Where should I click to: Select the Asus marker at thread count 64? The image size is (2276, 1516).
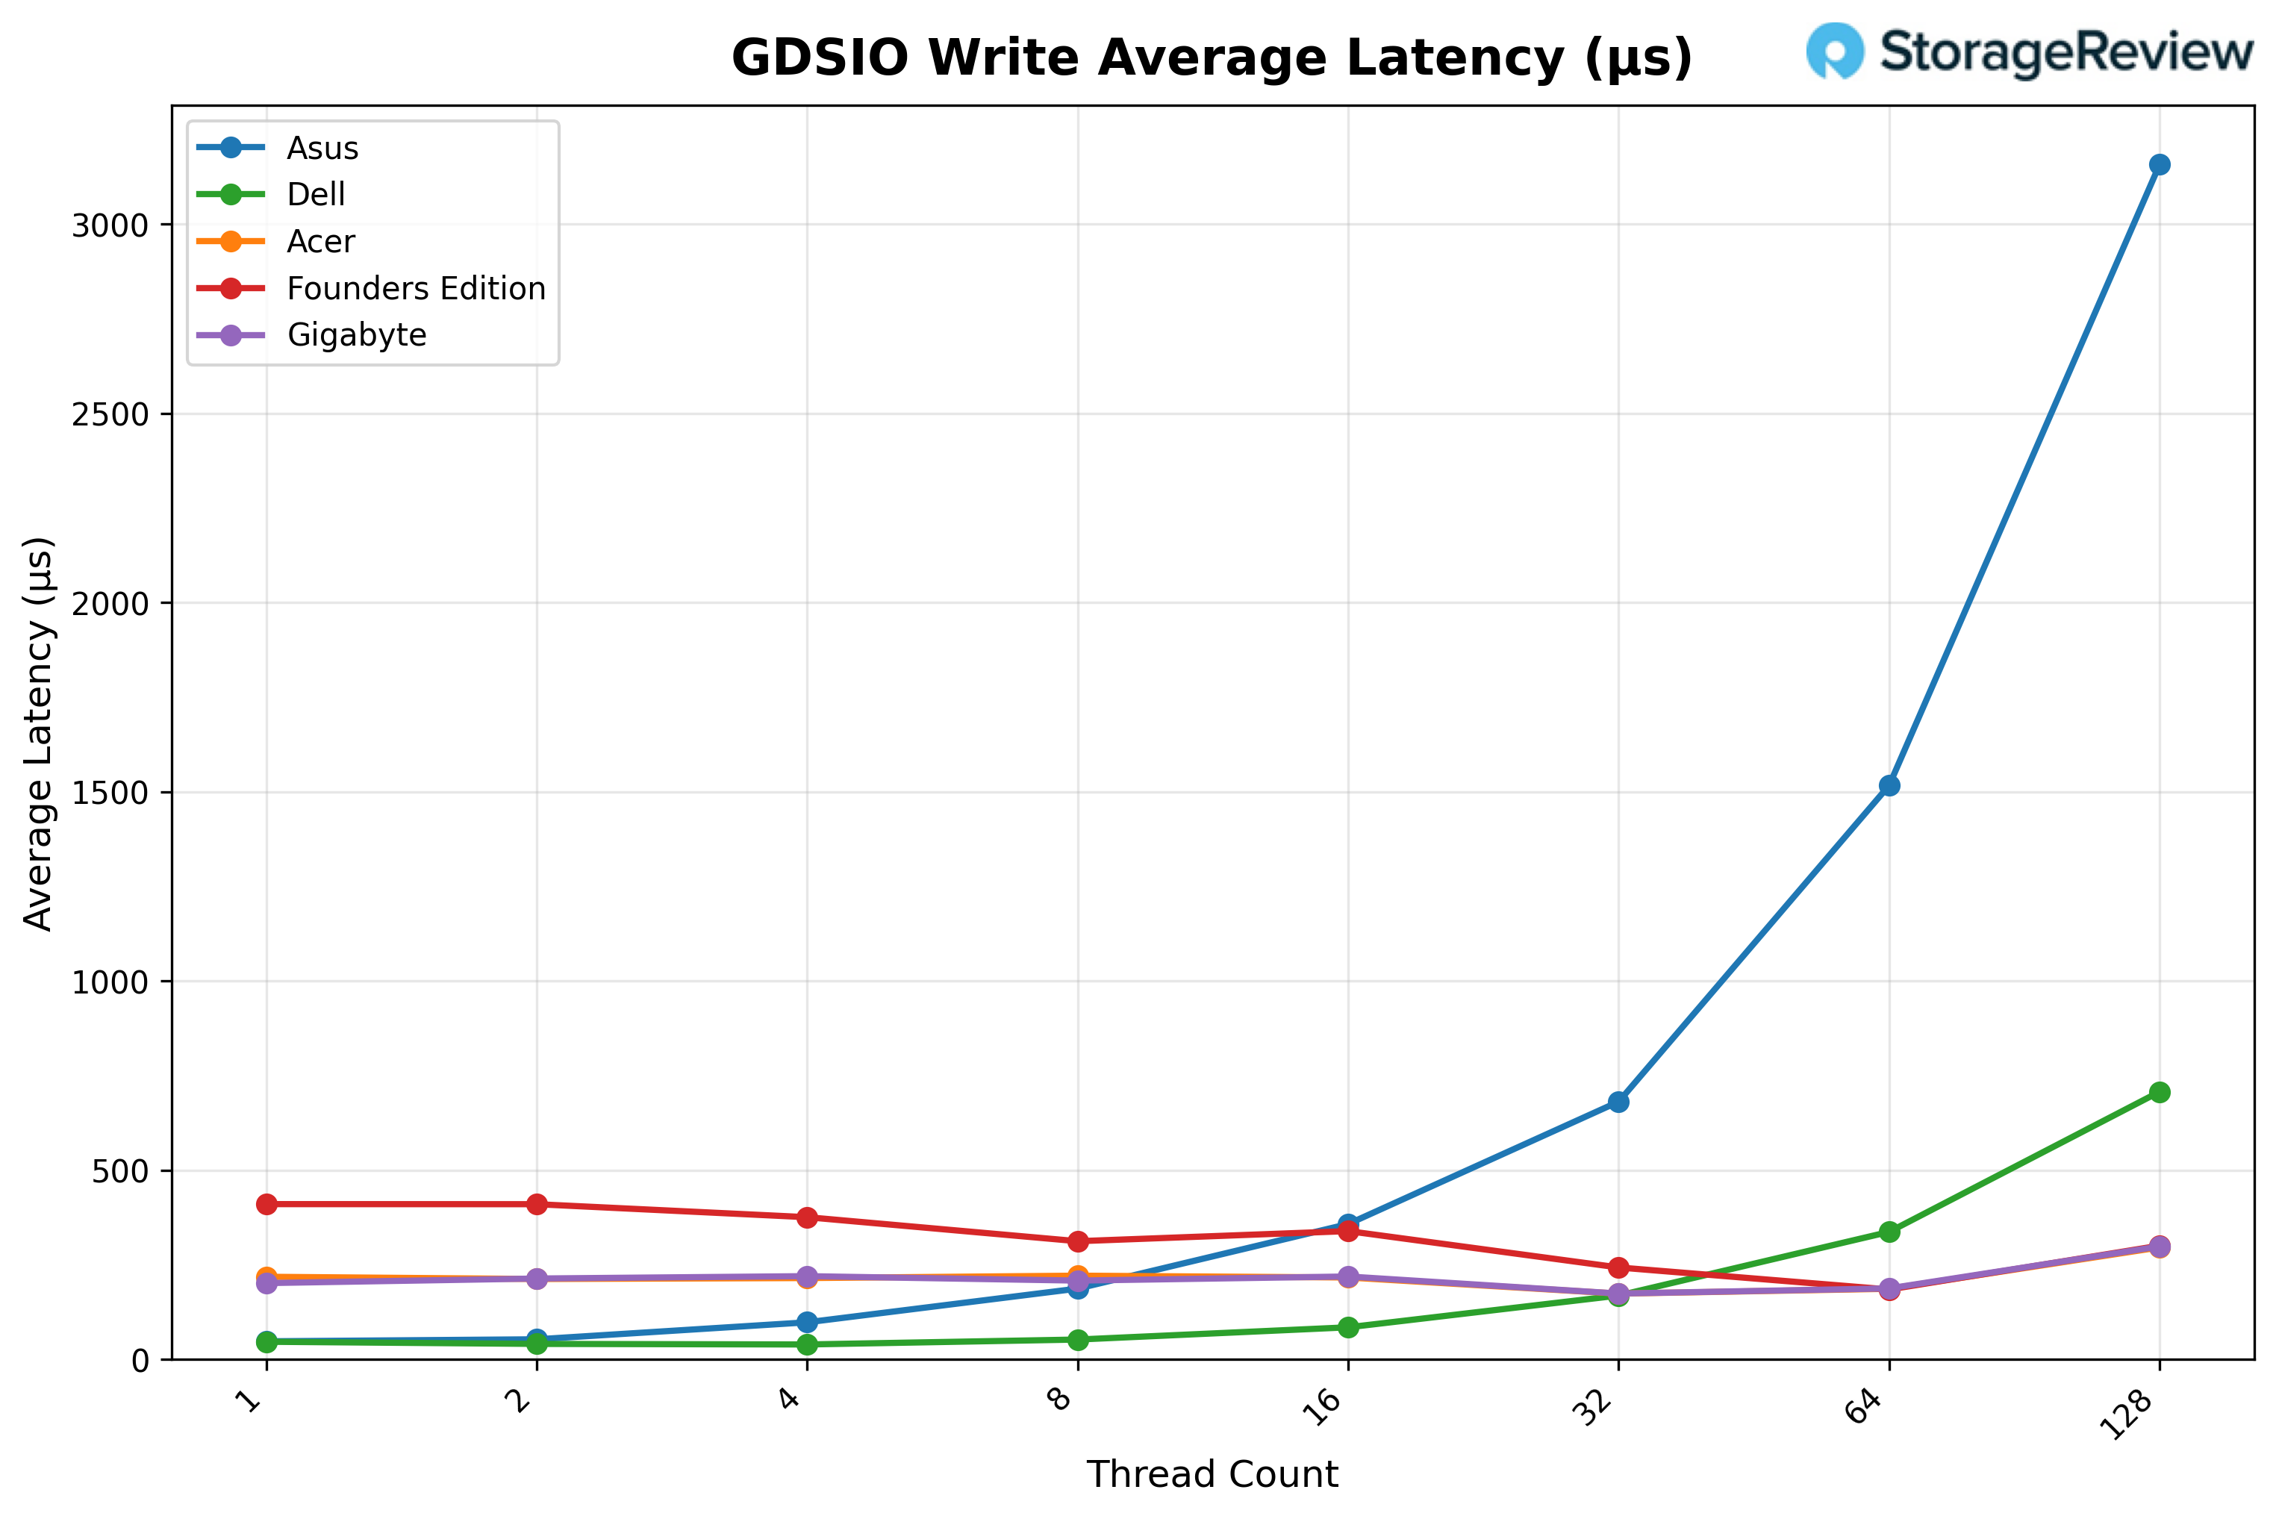click(x=1889, y=785)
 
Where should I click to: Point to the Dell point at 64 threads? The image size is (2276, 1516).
click(x=1889, y=1231)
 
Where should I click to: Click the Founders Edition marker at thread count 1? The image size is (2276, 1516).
click(x=266, y=1204)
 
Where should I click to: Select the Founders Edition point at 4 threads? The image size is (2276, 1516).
click(x=808, y=1217)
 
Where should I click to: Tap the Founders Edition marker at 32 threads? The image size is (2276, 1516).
click(x=1618, y=1267)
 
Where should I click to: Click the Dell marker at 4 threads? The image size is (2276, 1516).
click(x=808, y=1344)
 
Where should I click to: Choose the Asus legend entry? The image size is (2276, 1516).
click(x=322, y=148)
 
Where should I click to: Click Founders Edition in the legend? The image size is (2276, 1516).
click(x=416, y=288)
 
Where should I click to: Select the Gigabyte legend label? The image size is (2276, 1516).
click(x=357, y=334)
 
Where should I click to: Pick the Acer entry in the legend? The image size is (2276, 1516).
click(x=321, y=242)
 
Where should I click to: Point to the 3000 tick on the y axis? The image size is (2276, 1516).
click(x=110, y=225)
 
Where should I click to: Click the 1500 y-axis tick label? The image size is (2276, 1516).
click(x=110, y=793)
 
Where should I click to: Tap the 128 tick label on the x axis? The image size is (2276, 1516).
click(x=2131, y=1414)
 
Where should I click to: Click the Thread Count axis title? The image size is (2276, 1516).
click(x=1212, y=1474)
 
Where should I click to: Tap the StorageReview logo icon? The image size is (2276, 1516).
click(x=1834, y=50)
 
